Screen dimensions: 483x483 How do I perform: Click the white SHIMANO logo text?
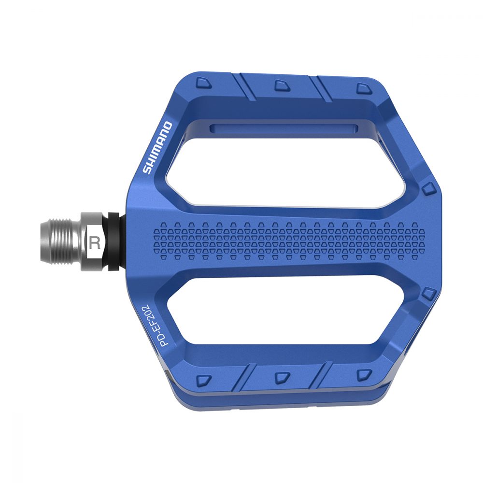click(x=157, y=148)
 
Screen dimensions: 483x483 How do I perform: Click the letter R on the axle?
click(x=95, y=242)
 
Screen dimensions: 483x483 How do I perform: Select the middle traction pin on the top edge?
click(x=281, y=85)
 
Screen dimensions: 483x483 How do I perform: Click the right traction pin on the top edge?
click(x=362, y=88)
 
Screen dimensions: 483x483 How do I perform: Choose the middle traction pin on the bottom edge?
click(x=281, y=376)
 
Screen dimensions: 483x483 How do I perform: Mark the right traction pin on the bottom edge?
click(x=362, y=374)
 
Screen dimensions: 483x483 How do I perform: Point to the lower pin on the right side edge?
click(x=428, y=293)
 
